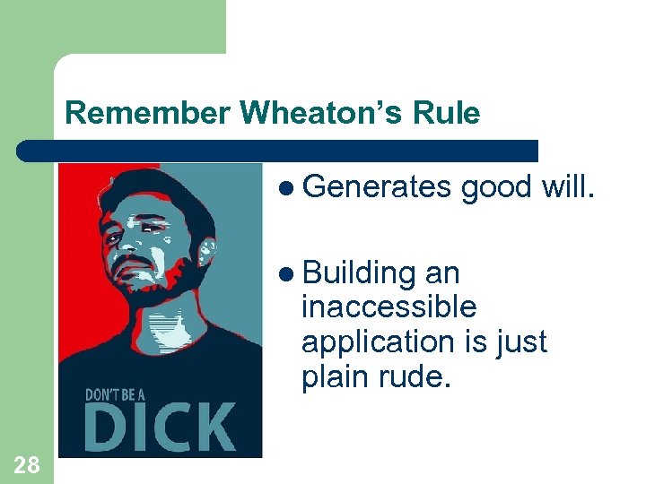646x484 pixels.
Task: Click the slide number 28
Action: tap(27, 463)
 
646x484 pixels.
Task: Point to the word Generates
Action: tap(376, 186)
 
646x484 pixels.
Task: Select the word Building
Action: tap(358, 272)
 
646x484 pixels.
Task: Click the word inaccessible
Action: tap(389, 307)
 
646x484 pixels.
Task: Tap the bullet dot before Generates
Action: tap(286, 187)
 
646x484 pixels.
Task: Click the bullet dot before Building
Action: tap(286, 273)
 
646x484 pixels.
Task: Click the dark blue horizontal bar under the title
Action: tap(278, 150)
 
